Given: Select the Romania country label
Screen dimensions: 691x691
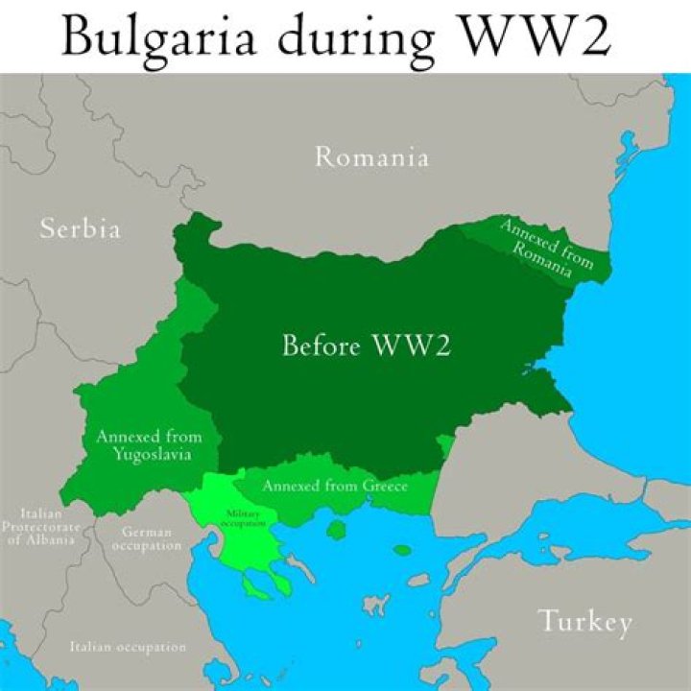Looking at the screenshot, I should click(372, 157).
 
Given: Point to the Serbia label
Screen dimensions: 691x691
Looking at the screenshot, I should click(81, 228).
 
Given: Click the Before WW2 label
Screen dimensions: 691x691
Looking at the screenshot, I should click(367, 345).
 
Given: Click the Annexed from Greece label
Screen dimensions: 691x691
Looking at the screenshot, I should click(335, 486).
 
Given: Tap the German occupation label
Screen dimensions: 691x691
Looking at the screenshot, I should click(146, 538).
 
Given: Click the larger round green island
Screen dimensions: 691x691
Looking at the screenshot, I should click(336, 529).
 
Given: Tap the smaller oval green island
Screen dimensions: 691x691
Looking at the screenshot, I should click(402, 551).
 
